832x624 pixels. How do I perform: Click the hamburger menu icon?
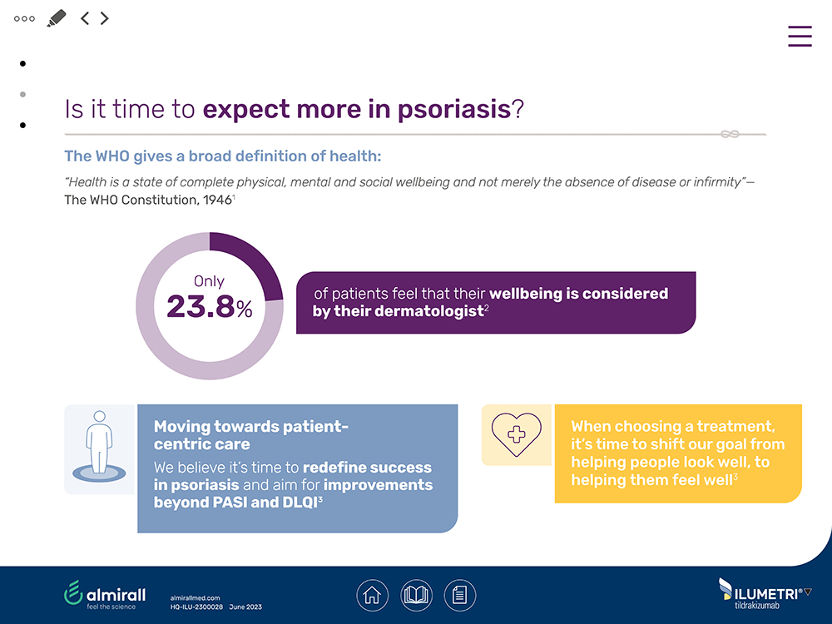[x=800, y=37]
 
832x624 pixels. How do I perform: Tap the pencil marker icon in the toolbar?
[x=57, y=18]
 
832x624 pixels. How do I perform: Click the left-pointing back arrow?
[x=85, y=18]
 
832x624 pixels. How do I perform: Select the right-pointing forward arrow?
[x=105, y=18]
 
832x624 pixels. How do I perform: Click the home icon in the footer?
[x=373, y=595]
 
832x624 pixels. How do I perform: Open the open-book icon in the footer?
[x=416, y=595]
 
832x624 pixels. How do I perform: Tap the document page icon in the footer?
[x=459, y=595]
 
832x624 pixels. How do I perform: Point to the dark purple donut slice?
[x=250, y=262]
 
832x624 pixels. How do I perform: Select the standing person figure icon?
[x=99, y=445]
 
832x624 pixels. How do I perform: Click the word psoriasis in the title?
[x=448, y=110]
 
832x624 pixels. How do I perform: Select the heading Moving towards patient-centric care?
[x=250, y=435]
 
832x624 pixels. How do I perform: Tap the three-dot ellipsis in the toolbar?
[x=24, y=18]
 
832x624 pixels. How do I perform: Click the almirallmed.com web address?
[x=195, y=597]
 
